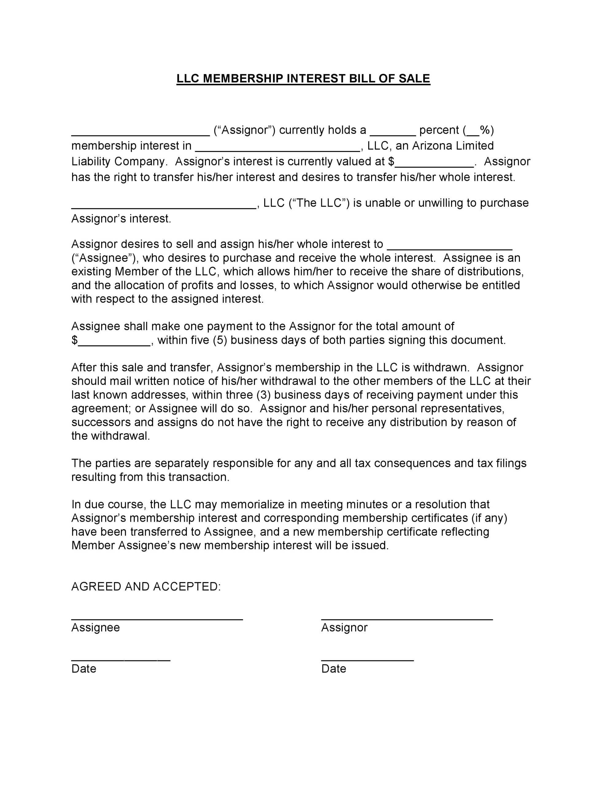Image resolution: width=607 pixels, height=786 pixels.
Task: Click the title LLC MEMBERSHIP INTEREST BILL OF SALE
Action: pyautogui.click(x=303, y=79)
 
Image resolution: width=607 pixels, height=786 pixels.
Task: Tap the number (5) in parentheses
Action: pyautogui.click(x=219, y=340)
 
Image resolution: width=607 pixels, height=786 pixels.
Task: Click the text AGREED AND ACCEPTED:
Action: pyautogui.click(x=146, y=587)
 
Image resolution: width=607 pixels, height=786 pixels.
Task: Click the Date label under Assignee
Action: pyautogui.click(x=84, y=669)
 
